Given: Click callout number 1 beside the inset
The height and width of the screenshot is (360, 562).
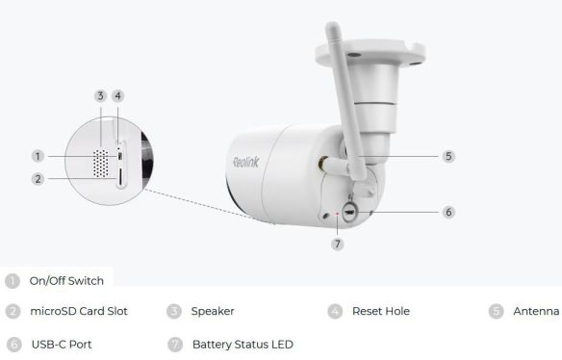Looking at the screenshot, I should (38, 156).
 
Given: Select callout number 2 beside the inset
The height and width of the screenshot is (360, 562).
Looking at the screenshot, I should (38, 178).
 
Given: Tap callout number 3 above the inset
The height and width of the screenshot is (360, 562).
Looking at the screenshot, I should (99, 95).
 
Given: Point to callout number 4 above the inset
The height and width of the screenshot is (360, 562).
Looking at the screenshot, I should (117, 95).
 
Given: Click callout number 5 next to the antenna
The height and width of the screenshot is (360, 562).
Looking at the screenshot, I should (448, 155).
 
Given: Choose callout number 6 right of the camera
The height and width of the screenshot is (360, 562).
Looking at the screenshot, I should (448, 212).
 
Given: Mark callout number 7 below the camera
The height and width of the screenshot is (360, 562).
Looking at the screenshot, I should (337, 244).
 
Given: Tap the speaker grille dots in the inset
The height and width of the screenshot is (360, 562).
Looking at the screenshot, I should (97, 161).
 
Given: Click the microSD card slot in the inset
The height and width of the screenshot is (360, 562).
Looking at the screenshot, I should (118, 178).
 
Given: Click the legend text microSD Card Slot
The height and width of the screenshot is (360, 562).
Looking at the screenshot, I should (79, 311).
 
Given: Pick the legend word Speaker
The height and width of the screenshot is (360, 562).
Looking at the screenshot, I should (213, 311).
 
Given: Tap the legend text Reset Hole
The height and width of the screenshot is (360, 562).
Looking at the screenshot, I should (381, 311).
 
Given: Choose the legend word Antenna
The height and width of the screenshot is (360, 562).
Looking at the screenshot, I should (536, 311).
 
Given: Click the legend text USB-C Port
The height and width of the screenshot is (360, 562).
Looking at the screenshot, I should (62, 344).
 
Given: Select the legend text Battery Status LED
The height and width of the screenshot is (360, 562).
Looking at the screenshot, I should (243, 344).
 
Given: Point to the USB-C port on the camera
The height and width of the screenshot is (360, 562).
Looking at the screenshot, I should (349, 210).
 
